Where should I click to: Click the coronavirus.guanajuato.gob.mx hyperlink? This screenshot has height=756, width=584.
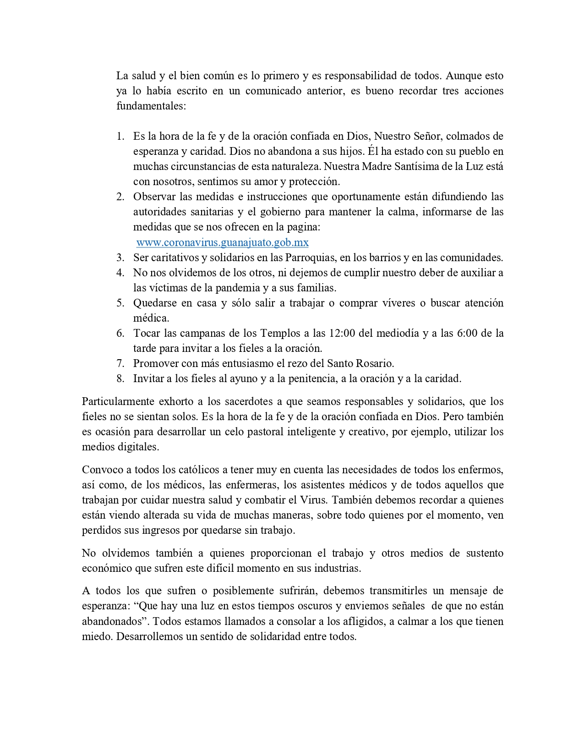tap(223, 242)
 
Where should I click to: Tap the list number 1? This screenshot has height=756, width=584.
tap(120, 136)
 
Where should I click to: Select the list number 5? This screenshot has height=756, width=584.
tap(120, 303)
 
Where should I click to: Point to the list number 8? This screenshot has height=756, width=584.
tap(120, 378)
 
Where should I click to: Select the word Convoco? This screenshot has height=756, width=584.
tap(100, 470)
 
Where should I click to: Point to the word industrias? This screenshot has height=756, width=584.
tap(337, 568)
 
